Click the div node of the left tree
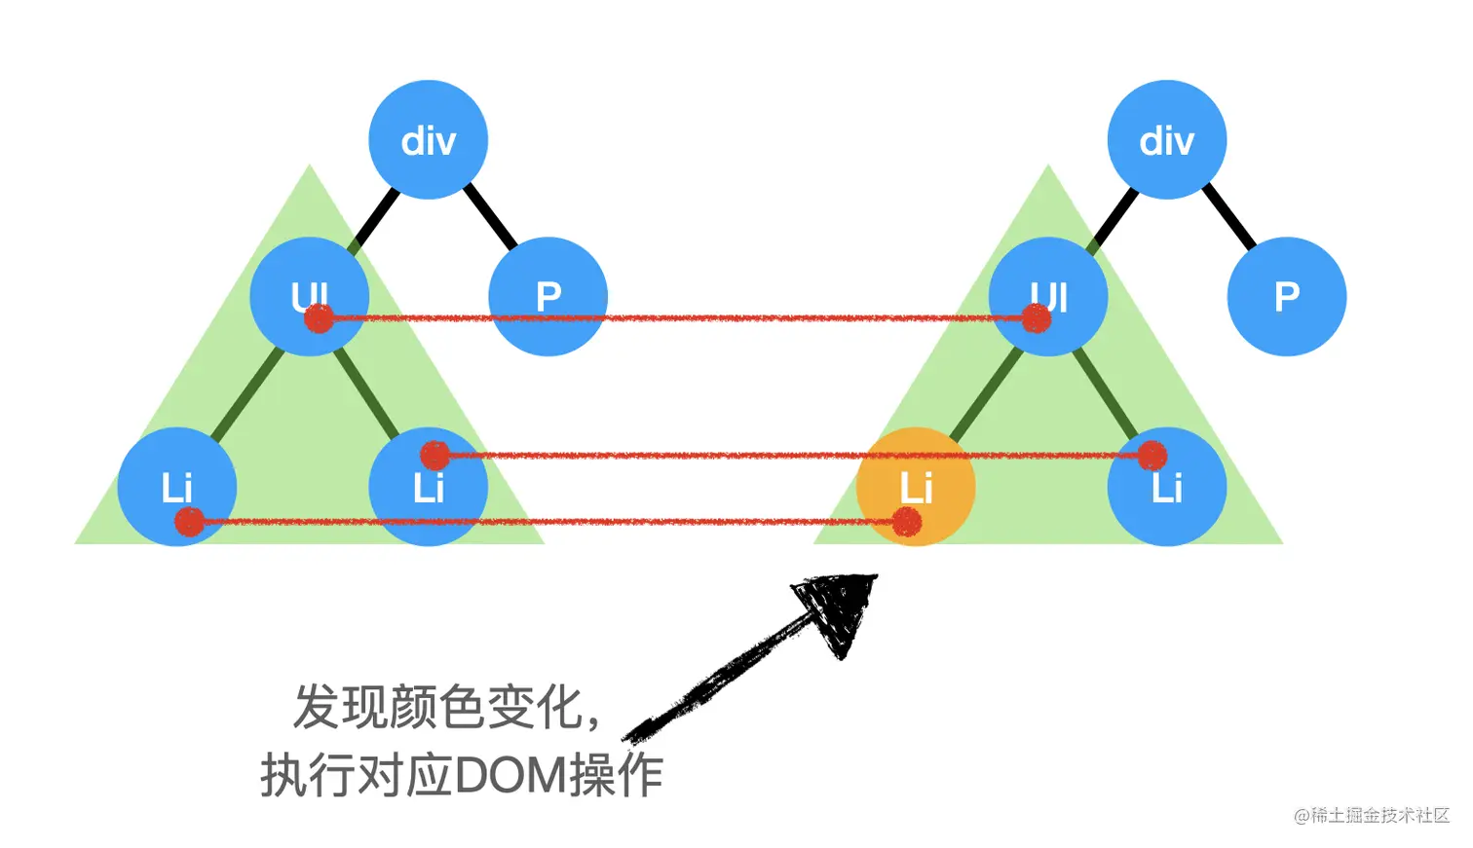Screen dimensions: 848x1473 pyautogui.click(x=428, y=140)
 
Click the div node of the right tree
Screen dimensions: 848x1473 pyautogui.click(x=1166, y=140)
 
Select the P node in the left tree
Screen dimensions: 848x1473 pyautogui.click(x=548, y=296)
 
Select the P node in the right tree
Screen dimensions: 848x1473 pyautogui.click(x=1286, y=296)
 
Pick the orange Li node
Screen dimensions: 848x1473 pyautogui.click(x=915, y=486)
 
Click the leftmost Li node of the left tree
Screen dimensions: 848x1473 pyautogui.click(x=176, y=486)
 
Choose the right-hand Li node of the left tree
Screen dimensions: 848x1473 pyautogui.click(x=428, y=486)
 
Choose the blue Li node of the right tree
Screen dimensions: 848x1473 pyautogui.click(x=1166, y=486)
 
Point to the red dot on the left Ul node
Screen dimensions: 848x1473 pyautogui.click(x=319, y=318)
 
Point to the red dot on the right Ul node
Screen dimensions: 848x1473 pyautogui.click(x=1037, y=318)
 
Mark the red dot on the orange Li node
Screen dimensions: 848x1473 pyautogui.click(x=907, y=522)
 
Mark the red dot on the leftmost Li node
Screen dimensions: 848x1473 pyautogui.click(x=189, y=522)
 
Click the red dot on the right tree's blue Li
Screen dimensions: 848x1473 pyautogui.click(x=1152, y=455)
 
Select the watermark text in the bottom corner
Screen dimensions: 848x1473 pyautogui.click(x=1371, y=815)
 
